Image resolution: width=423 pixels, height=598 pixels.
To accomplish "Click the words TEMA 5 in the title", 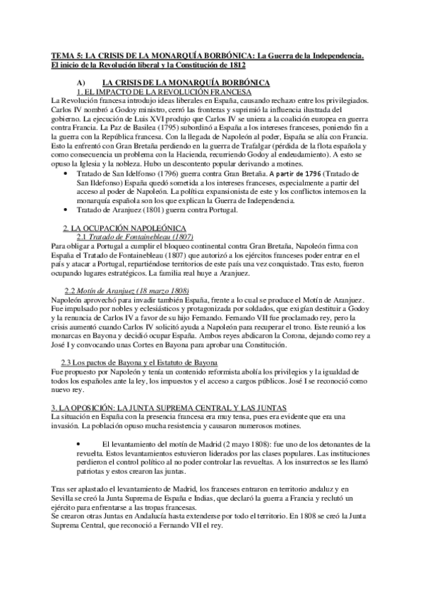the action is pyautogui.click(x=68, y=54).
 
